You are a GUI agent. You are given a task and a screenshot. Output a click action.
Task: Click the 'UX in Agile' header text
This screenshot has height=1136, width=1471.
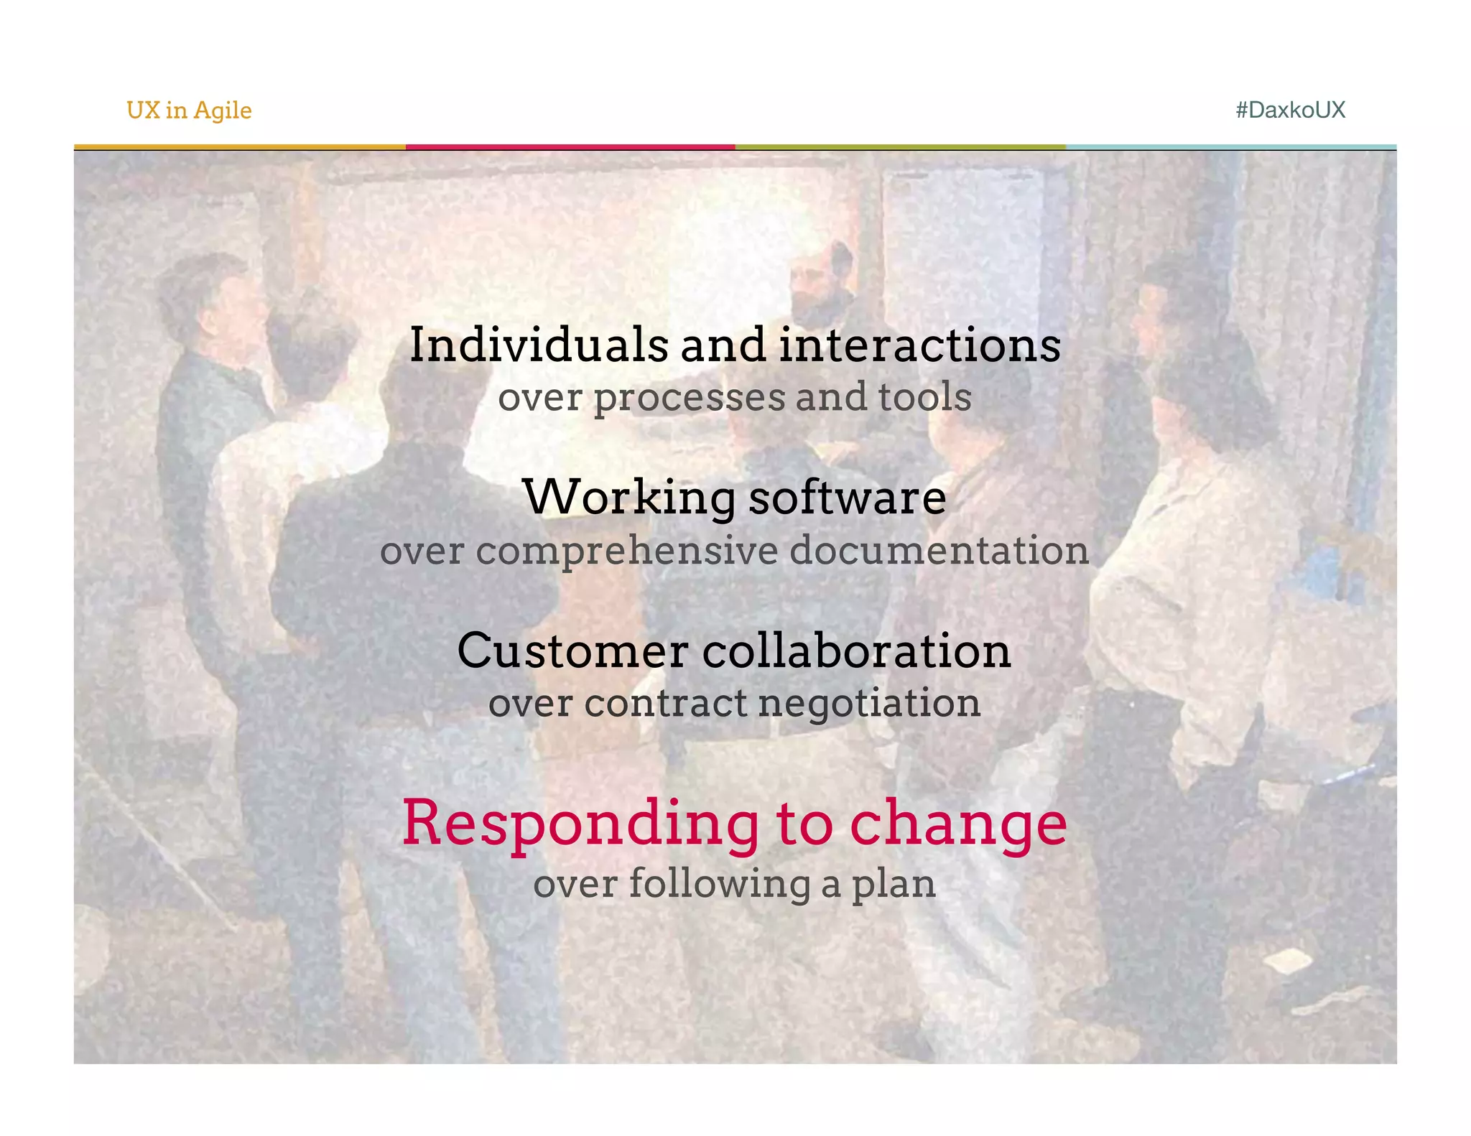pyautogui.click(x=189, y=111)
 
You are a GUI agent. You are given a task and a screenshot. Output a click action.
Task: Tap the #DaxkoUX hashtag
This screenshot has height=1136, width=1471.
pyautogui.click(x=1290, y=110)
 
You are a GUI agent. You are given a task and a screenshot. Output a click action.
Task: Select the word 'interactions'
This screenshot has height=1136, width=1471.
pyautogui.click(x=919, y=345)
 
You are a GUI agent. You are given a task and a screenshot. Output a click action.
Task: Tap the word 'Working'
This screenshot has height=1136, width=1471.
pyautogui.click(x=629, y=497)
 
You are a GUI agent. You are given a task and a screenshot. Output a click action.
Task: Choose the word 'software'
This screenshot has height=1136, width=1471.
pyautogui.click(x=848, y=497)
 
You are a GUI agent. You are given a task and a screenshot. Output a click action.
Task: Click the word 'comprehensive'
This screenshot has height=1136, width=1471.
pyautogui.click(x=627, y=551)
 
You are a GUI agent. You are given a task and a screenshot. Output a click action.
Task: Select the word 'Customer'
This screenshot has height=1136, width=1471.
pyautogui.click(x=572, y=651)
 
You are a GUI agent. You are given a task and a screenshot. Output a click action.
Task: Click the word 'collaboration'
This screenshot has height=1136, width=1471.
pyautogui.click(x=856, y=651)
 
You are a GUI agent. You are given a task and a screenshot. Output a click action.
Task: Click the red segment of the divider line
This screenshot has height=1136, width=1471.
pyautogui.click(x=570, y=147)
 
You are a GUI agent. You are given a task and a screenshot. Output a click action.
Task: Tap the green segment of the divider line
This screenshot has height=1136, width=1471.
pyautogui.click(x=900, y=147)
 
